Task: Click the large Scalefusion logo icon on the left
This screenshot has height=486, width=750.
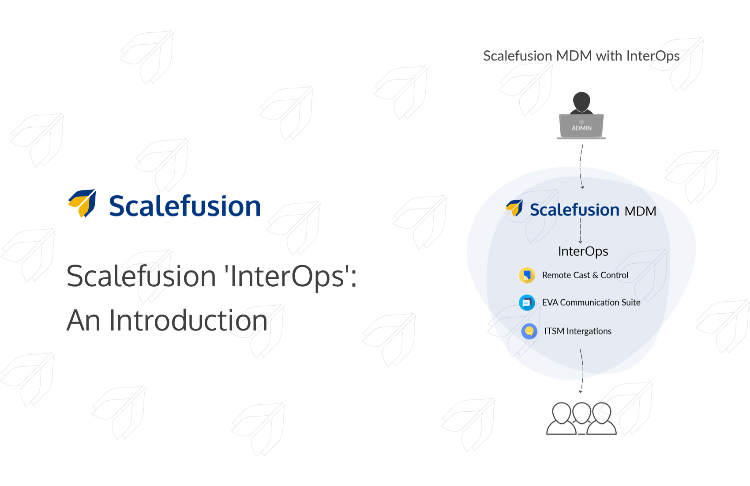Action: [82, 203]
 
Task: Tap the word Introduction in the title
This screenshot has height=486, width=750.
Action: [188, 320]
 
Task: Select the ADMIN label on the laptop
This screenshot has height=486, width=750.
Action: [581, 128]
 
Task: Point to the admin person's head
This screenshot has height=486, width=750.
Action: [581, 101]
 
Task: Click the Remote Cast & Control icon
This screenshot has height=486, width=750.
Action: [527, 275]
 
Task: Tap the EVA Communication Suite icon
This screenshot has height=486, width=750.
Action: [527, 303]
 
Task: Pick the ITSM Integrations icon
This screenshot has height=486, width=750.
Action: [529, 331]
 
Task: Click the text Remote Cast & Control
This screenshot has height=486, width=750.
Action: [585, 275]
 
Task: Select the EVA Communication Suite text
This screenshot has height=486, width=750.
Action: [591, 303]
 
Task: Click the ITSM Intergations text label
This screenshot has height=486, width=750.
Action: [577, 331]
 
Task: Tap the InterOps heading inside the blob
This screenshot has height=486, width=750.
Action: [583, 251]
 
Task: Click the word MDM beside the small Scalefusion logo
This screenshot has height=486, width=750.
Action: [640, 211]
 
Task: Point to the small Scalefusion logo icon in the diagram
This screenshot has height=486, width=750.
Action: [514, 208]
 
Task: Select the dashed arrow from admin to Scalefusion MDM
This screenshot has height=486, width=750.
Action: [581, 167]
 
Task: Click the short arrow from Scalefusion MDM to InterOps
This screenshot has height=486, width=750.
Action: [580, 230]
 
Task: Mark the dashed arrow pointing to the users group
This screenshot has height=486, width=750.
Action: [582, 371]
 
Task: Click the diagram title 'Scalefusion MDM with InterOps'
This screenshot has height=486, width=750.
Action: [581, 56]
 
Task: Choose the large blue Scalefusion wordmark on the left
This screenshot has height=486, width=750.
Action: [185, 206]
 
